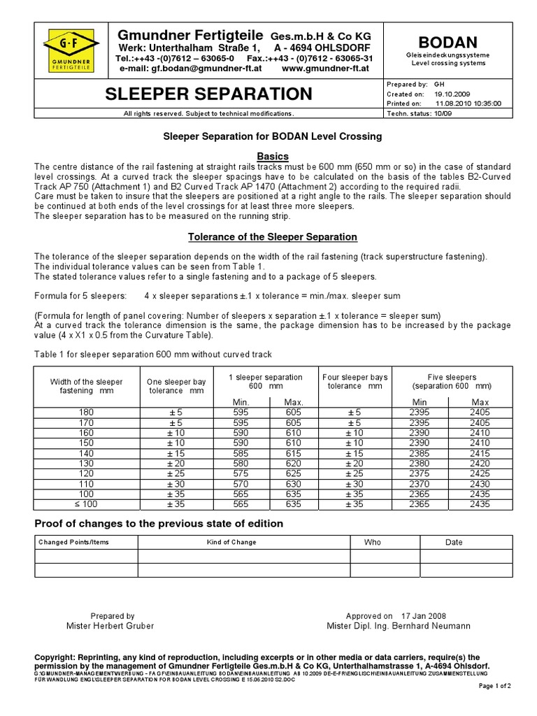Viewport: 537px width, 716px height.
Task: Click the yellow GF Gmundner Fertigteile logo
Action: [x=71, y=48]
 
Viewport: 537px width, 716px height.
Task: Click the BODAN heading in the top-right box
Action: [x=448, y=39]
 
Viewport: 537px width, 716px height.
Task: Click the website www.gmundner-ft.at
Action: [x=327, y=69]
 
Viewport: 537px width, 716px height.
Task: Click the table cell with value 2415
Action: [x=480, y=454]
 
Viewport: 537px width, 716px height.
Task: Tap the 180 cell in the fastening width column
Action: [x=87, y=413]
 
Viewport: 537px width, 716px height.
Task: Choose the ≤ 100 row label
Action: [x=87, y=504]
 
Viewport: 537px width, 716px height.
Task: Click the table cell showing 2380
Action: [x=420, y=464]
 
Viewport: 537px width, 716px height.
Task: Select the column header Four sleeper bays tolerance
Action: [x=355, y=382]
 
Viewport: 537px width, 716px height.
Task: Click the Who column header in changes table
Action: [x=373, y=542]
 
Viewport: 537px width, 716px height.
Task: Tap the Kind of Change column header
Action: [x=231, y=542]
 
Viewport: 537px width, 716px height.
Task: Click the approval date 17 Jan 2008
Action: [x=422, y=616]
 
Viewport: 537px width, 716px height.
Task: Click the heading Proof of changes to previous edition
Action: [x=159, y=524]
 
